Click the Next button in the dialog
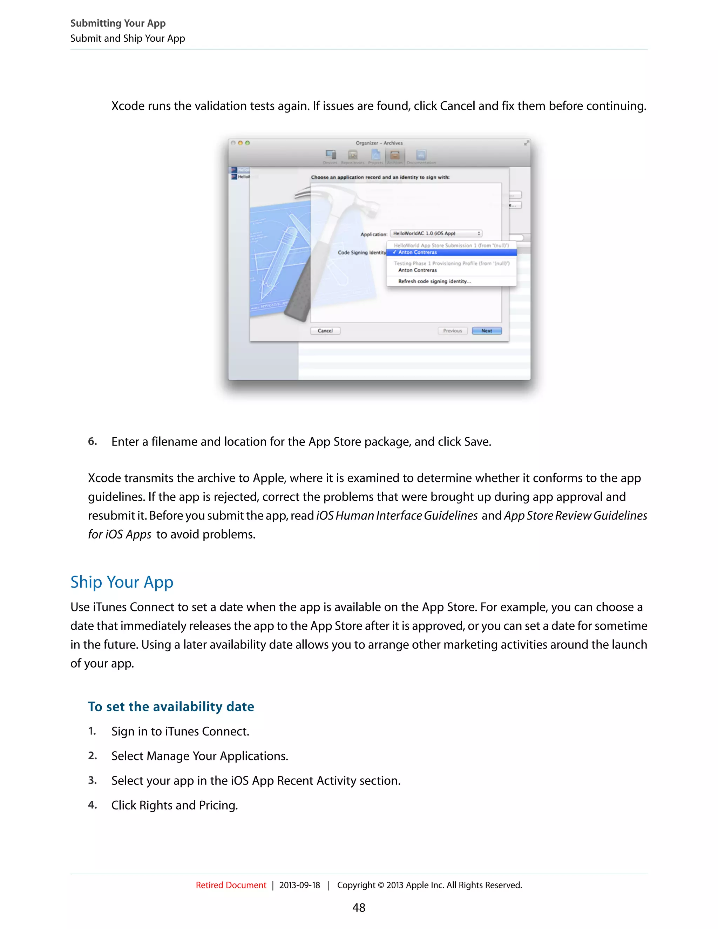click(487, 331)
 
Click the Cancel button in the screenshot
click(325, 331)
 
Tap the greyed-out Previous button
click(452, 331)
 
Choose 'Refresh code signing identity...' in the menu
click(434, 281)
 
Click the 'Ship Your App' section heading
click(122, 582)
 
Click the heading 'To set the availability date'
click(171, 706)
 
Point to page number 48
click(359, 908)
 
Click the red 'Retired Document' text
click(231, 885)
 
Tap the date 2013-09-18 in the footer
click(299, 885)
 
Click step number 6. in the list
click(92, 441)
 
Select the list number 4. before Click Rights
click(92, 805)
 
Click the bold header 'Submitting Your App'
click(118, 23)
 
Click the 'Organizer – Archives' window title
click(379, 143)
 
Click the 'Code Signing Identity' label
click(361, 252)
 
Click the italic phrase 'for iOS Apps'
click(120, 534)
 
